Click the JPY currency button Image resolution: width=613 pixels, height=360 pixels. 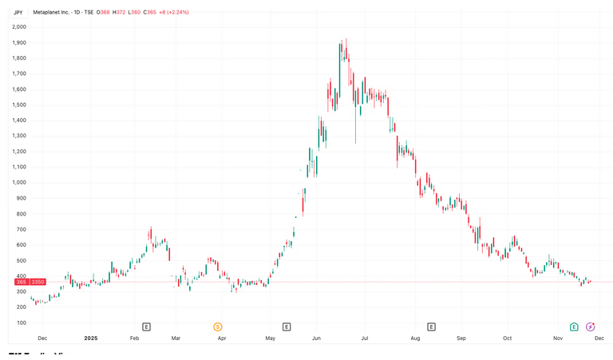click(x=18, y=13)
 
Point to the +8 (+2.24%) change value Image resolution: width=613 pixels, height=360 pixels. click(x=174, y=13)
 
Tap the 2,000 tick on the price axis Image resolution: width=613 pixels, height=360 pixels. click(x=19, y=26)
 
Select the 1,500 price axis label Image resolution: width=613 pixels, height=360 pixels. click(x=19, y=105)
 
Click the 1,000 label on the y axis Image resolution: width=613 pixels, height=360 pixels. click(x=19, y=182)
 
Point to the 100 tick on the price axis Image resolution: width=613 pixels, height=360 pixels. click(x=21, y=322)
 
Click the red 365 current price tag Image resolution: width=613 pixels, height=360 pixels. click(x=22, y=282)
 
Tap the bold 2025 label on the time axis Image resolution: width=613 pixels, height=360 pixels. click(x=90, y=338)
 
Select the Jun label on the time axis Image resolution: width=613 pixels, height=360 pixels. click(x=316, y=338)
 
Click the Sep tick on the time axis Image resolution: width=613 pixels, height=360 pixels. click(x=461, y=338)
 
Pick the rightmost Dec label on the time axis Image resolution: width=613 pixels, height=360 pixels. click(x=599, y=338)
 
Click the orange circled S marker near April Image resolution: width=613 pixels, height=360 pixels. click(x=217, y=326)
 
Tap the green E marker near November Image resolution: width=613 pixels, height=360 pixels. click(x=574, y=326)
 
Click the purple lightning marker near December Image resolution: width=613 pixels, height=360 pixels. click(x=591, y=326)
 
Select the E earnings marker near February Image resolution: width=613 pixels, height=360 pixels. click(x=146, y=326)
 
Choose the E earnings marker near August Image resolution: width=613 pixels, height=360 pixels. click(x=431, y=326)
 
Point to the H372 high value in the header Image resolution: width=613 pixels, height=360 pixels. click(x=119, y=13)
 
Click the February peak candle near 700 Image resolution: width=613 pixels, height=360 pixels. click(x=150, y=234)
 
